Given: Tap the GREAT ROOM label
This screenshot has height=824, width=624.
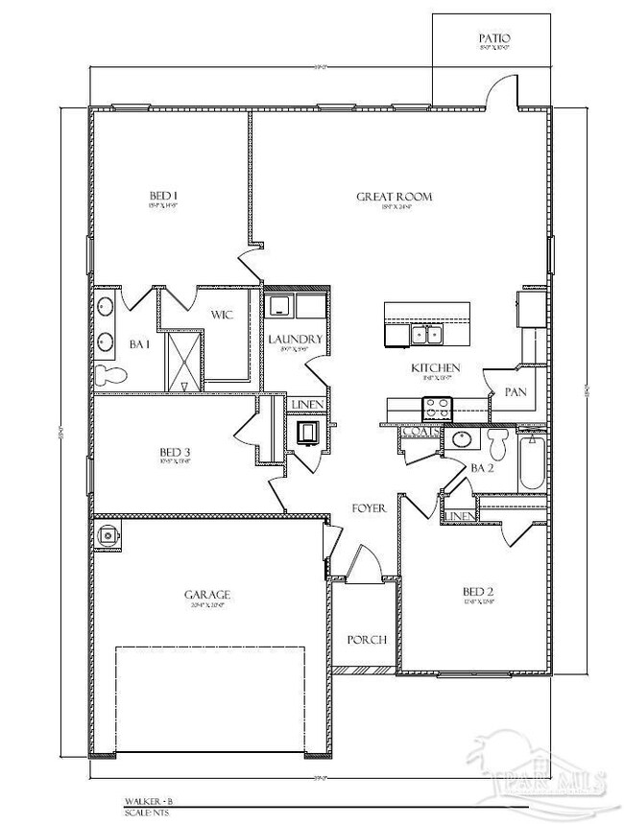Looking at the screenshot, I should pyautogui.click(x=394, y=197).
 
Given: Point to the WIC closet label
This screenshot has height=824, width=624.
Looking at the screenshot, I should pyautogui.click(x=222, y=314).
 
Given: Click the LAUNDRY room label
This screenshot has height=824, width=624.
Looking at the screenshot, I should pyautogui.click(x=294, y=339).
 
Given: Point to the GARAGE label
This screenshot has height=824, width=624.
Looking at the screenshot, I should pyautogui.click(x=207, y=595).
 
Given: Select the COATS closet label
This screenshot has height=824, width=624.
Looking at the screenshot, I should pyautogui.click(x=420, y=433).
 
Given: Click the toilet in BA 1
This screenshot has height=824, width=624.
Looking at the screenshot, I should pyautogui.click(x=109, y=374).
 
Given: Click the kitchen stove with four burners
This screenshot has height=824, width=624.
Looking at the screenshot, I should pyautogui.click(x=438, y=409).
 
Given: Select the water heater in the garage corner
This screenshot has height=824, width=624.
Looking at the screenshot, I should pyautogui.click(x=108, y=535).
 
